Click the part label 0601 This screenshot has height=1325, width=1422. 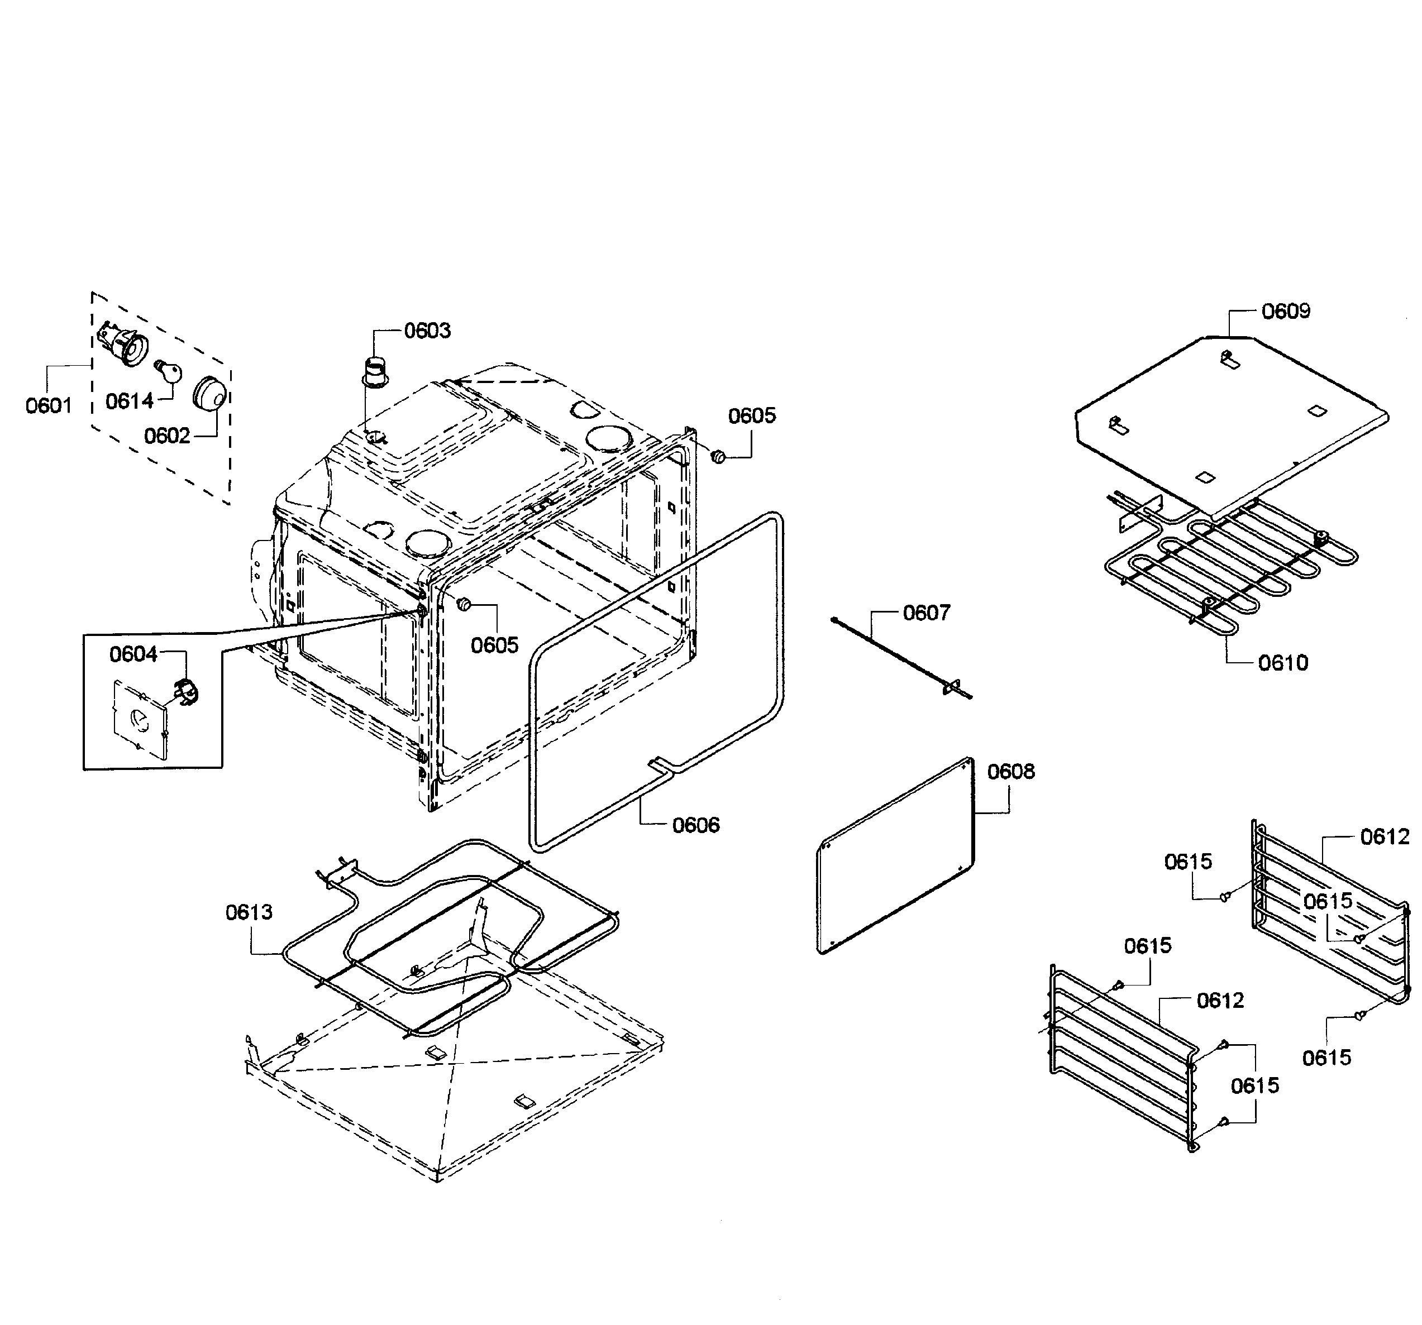(x=49, y=405)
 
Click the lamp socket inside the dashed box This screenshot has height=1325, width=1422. (x=124, y=344)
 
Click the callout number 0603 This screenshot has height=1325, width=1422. (x=427, y=331)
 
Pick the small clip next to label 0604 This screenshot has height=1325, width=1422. (x=187, y=691)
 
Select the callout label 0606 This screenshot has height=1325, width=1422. (x=695, y=825)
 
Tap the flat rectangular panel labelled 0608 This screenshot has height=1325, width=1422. (x=895, y=855)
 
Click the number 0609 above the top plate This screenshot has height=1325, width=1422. (x=1285, y=311)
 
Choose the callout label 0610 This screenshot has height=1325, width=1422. (x=1282, y=663)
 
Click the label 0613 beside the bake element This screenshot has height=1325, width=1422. (x=249, y=912)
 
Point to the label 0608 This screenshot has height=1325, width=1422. (x=1011, y=772)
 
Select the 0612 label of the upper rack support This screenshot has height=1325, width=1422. (x=1384, y=836)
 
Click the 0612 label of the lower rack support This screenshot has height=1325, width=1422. (x=1220, y=1001)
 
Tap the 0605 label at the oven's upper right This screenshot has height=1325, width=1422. (x=751, y=415)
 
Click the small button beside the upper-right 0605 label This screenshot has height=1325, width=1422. (x=718, y=456)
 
